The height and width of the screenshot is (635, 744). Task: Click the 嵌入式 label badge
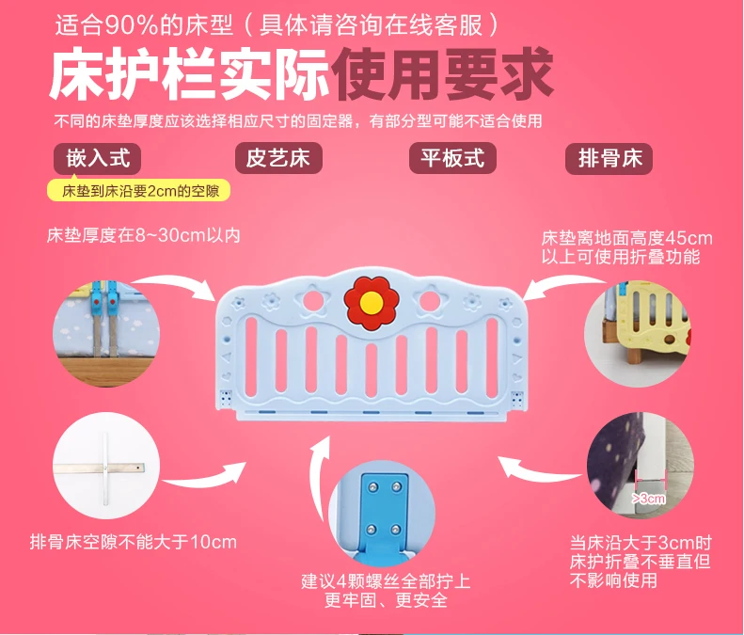[x=97, y=158]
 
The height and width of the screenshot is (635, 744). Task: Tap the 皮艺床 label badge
[x=278, y=158]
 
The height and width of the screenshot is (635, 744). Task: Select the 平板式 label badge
[x=452, y=158]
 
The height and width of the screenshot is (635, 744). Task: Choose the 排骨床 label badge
[x=609, y=158]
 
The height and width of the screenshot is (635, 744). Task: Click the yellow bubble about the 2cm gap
[x=139, y=190]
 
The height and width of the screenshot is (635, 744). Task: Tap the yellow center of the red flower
[x=371, y=302]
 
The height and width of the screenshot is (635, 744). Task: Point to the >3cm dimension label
[x=648, y=499]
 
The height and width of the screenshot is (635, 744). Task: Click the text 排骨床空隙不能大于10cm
[x=134, y=542]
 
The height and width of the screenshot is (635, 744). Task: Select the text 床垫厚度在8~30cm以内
[x=143, y=235]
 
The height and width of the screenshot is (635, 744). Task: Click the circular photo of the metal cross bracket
[x=105, y=466]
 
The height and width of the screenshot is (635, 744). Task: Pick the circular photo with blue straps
[x=105, y=334]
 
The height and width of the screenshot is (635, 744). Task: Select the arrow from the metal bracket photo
[x=205, y=477]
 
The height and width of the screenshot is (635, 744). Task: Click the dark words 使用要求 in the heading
[x=442, y=75]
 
